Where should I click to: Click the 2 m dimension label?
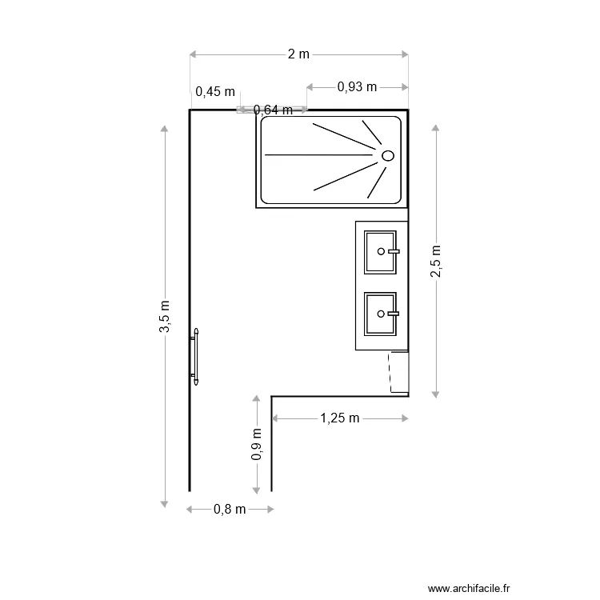pyautogui.click(x=298, y=54)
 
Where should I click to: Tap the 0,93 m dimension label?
pyautogui.click(x=357, y=86)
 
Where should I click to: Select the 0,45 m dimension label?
pyautogui.click(x=216, y=91)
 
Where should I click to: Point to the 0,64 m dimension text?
pyautogui.click(x=272, y=110)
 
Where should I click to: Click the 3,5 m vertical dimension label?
pyautogui.click(x=165, y=317)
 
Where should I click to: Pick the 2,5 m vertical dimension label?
pyautogui.click(x=436, y=261)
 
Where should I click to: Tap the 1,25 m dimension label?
pyautogui.click(x=340, y=418)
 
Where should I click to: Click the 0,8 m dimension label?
pyautogui.click(x=230, y=509)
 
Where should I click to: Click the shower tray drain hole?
pyautogui.click(x=388, y=155)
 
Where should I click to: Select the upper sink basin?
pyautogui.click(x=380, y=251)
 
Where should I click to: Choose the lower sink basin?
pyautogui.click(x=380, y=314)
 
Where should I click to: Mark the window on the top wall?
pyautogui.click(x=272, y=110)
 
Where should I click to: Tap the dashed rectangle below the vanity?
pyautogui.click(x=398, y=371)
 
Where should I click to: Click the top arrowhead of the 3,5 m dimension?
pyautogui.click(x=165, y=130)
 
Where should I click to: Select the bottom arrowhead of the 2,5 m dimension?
pyautogui.click(x=436, y=393)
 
